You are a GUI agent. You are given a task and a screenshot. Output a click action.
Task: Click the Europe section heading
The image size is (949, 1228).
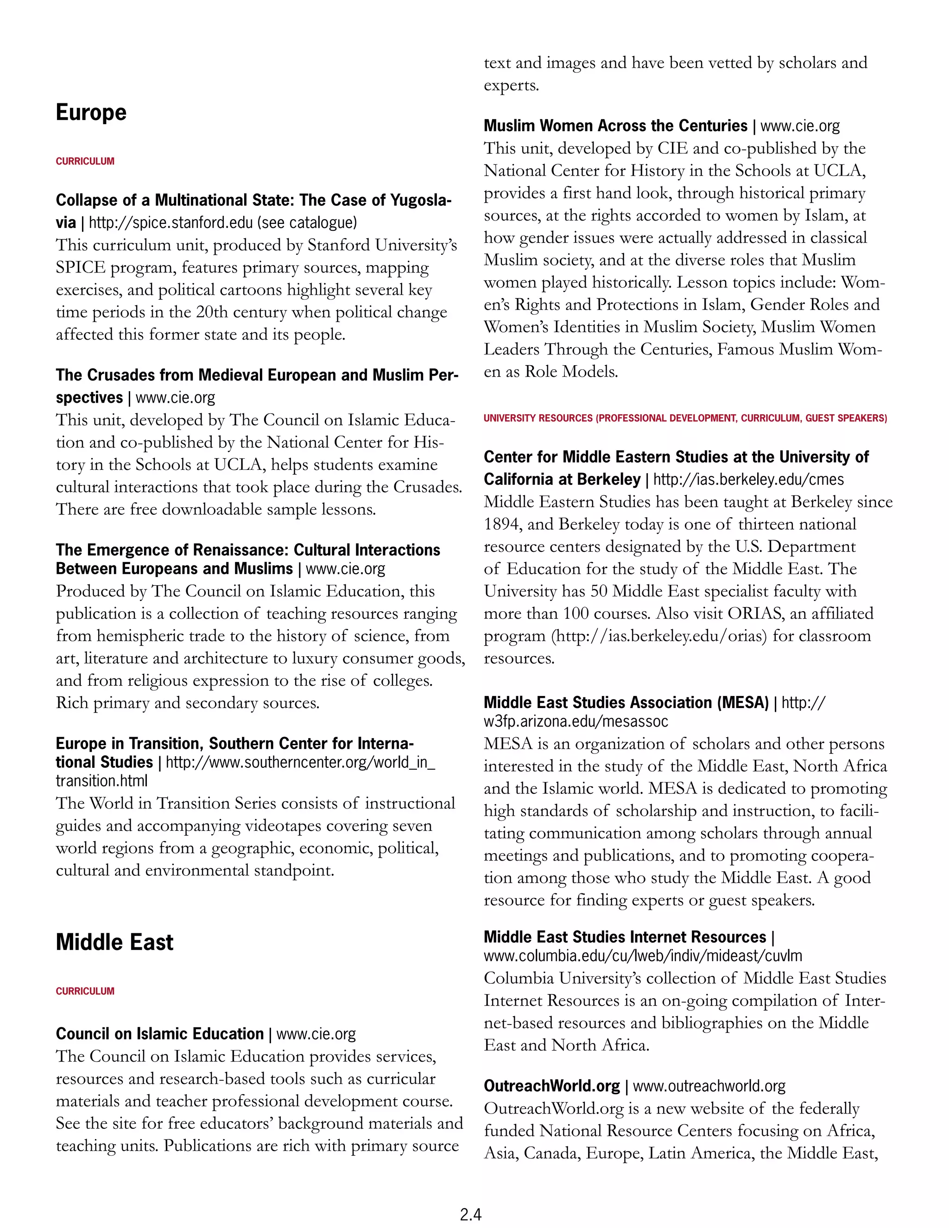point(91,113)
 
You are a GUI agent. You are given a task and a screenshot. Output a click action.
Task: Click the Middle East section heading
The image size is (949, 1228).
point(115,942)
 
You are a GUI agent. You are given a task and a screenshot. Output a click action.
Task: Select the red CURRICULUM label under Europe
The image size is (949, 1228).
point(85,161)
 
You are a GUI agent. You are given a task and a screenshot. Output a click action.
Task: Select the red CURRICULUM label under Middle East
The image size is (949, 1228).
point(85,991)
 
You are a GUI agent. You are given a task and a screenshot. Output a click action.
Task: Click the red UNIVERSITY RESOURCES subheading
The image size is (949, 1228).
point(685,418)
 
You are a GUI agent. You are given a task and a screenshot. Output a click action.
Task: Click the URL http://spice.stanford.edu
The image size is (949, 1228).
point(171,222)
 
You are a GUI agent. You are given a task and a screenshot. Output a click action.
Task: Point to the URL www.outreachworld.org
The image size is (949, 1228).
point(709,1086)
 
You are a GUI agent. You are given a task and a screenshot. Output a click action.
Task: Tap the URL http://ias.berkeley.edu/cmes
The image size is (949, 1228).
point(748,480)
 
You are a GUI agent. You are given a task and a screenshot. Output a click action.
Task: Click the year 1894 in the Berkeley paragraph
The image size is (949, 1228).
point(502,524)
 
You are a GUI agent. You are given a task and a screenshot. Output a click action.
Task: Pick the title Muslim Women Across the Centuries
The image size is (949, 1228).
point(615,126)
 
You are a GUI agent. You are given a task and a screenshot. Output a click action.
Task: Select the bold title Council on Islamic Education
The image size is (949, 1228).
point(160,1033)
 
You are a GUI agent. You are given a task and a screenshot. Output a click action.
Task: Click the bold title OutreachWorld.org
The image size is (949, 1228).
point(551,1086)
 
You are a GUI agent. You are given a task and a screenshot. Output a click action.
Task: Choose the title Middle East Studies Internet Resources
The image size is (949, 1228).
point(624,937)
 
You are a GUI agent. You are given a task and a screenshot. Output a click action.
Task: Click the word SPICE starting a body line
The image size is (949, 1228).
point(80,268)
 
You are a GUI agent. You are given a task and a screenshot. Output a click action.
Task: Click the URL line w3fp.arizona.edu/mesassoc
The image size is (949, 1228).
point(576,721)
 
